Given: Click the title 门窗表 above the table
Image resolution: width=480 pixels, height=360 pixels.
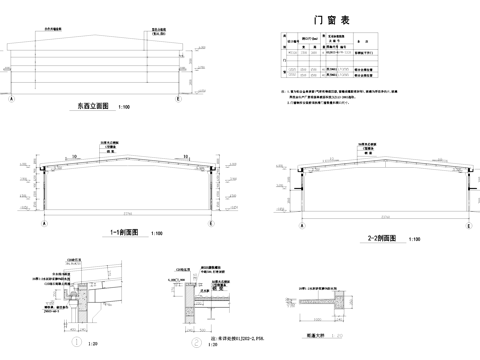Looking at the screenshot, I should tap(331, 19).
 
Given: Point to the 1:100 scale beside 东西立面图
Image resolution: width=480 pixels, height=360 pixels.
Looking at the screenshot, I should tap(124, 107).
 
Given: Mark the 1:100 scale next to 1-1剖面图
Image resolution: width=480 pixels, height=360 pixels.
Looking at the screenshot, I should tap(157, 234).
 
